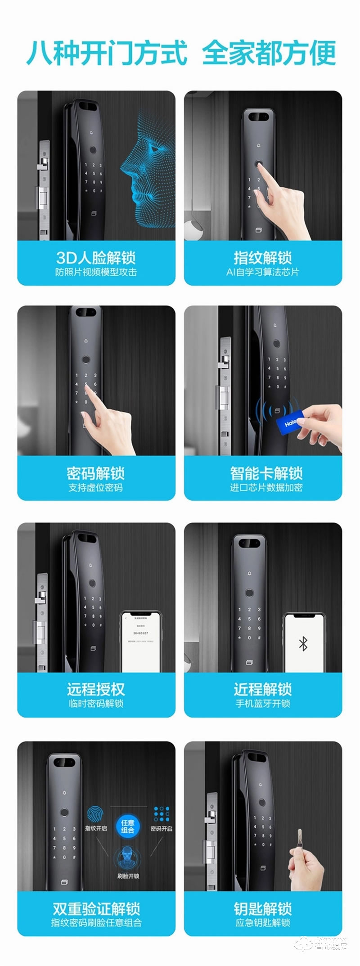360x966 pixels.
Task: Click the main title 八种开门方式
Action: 107,53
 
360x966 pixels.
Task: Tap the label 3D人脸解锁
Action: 96,258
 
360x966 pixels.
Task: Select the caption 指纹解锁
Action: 263,258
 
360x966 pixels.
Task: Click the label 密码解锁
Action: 96,473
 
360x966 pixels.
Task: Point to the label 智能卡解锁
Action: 266,473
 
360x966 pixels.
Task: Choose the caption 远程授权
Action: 96,689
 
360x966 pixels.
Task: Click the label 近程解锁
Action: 263,689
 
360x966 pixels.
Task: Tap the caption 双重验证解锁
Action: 96,908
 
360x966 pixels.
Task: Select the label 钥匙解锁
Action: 263,908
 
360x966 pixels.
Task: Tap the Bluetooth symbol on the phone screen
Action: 303,644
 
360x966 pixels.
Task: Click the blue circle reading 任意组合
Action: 128,826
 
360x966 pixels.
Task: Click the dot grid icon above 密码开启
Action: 161,814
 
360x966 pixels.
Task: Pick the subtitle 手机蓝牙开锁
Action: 263,703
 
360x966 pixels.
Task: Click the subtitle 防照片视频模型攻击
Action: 96,272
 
